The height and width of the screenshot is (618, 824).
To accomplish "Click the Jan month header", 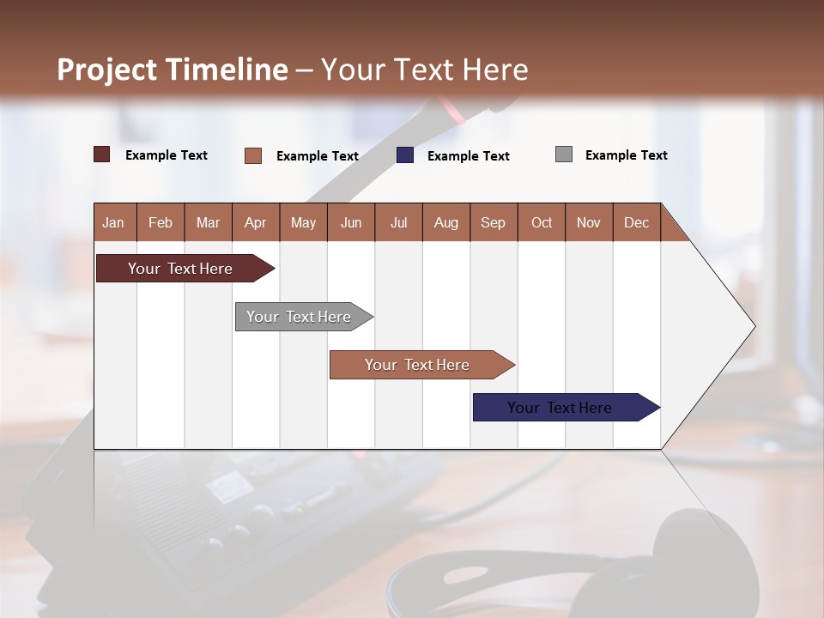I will tap(114, 222).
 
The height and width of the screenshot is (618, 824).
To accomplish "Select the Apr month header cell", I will tap(256, 222).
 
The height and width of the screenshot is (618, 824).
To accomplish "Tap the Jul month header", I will tap(398, 222).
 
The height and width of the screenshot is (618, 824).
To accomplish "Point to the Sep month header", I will tap(494, 222).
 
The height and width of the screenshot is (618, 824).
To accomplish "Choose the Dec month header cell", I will tap(636, 222).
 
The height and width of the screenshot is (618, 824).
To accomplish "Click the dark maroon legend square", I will tap(102, 154).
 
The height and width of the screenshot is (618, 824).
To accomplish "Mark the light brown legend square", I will tap(253, 155).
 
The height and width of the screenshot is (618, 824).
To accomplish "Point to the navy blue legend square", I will tap(405, 155).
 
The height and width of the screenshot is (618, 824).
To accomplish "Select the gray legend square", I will tap(564, 154).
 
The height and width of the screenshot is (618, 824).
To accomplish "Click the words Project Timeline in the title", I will tap(173, 70).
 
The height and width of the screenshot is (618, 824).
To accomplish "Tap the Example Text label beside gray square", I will tap(626, 155).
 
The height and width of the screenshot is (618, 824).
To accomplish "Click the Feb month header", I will tap(161, 222).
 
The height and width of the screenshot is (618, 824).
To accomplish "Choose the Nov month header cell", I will tap(589, 222).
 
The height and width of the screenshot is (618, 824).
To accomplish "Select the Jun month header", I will tap(351, 222).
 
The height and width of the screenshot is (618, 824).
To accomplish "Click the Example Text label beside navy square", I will tap(468, 156).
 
